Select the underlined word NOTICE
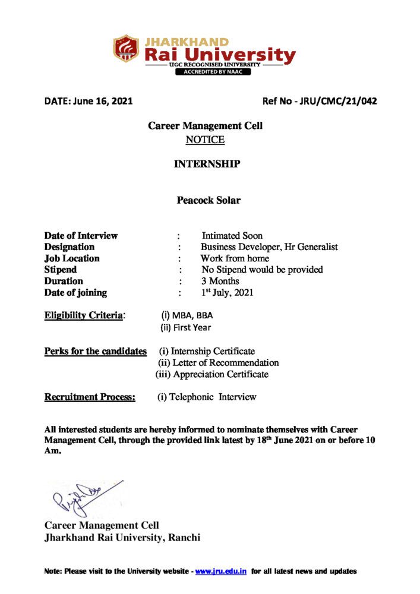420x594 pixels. point(205,140)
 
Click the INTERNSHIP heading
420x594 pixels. point(207,164)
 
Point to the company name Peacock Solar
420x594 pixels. point(209,200)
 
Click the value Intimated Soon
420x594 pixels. point(232,236)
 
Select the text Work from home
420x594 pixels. point(235,258)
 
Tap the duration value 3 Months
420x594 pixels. point(220,281)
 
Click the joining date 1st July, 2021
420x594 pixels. point(228,292)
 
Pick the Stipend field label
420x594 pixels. point(61,270)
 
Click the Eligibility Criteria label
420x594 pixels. point(85,315)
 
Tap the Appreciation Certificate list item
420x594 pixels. point(220,374)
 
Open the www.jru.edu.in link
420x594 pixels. point(221,571)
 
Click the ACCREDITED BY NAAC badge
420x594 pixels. point(212,72)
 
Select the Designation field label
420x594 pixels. point(70,247)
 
